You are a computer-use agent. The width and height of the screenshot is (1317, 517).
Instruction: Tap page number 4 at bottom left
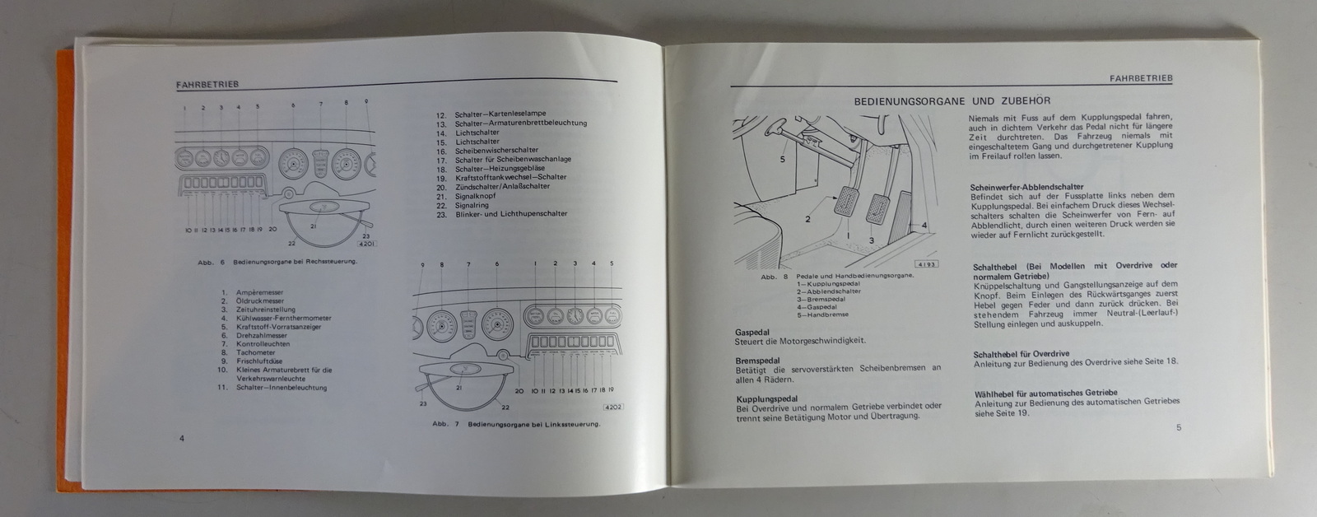click(182, 437)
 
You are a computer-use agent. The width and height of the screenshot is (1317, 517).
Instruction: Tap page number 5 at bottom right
click(1179, 426)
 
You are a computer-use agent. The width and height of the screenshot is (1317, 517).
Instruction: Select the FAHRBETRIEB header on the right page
click(1141, 78)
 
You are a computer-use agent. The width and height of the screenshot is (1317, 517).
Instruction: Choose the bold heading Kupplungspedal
click(767, 398)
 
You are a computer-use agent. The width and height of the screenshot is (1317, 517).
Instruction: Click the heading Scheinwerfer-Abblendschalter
click(1026, 187)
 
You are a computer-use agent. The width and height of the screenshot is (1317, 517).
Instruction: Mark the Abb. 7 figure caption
click(516, 425)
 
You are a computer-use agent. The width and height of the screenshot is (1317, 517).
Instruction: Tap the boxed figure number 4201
click(368, 244)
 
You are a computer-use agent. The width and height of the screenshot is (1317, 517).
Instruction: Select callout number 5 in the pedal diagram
click(783, 160)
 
